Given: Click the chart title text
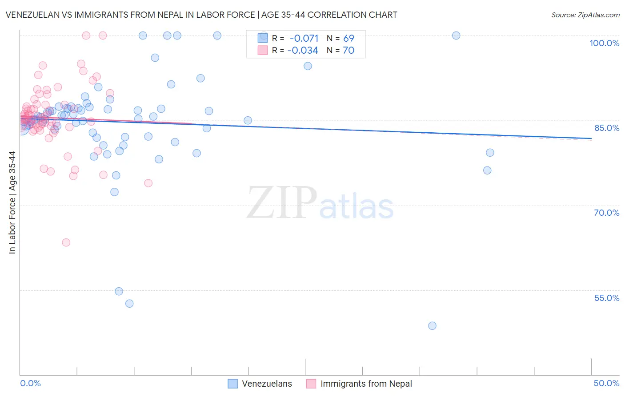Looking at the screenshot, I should (x=201, y=15).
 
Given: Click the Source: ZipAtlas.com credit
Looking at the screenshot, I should (x=585, y=15).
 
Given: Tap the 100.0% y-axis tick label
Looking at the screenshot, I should (x=604, y=43).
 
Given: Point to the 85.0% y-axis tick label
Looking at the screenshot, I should (x=607, y=128).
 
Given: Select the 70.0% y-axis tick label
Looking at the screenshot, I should (x=606, y=213).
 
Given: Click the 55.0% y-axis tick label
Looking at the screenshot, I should (x=606, y=298).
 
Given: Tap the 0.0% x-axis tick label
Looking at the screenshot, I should (x=30, y=383).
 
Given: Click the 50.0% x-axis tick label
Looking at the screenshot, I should (x=606, y=383).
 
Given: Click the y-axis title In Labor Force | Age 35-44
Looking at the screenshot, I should (x=12, y=202).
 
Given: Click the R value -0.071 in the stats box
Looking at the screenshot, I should (x=304, y=39).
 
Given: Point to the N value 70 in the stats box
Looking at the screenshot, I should (x=349, y=50).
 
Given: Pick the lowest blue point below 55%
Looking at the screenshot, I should (x=432, y=325).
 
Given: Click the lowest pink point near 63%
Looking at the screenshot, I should (x=66, y=242).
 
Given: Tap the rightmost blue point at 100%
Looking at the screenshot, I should (x=456, y=36).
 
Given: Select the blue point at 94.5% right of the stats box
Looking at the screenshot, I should (x=308, y=66).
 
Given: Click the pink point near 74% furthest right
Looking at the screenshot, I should (x=148, y=183).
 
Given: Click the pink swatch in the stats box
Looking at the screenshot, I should (x=263, y=50).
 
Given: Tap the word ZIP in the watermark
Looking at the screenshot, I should (x=282, y=203).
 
